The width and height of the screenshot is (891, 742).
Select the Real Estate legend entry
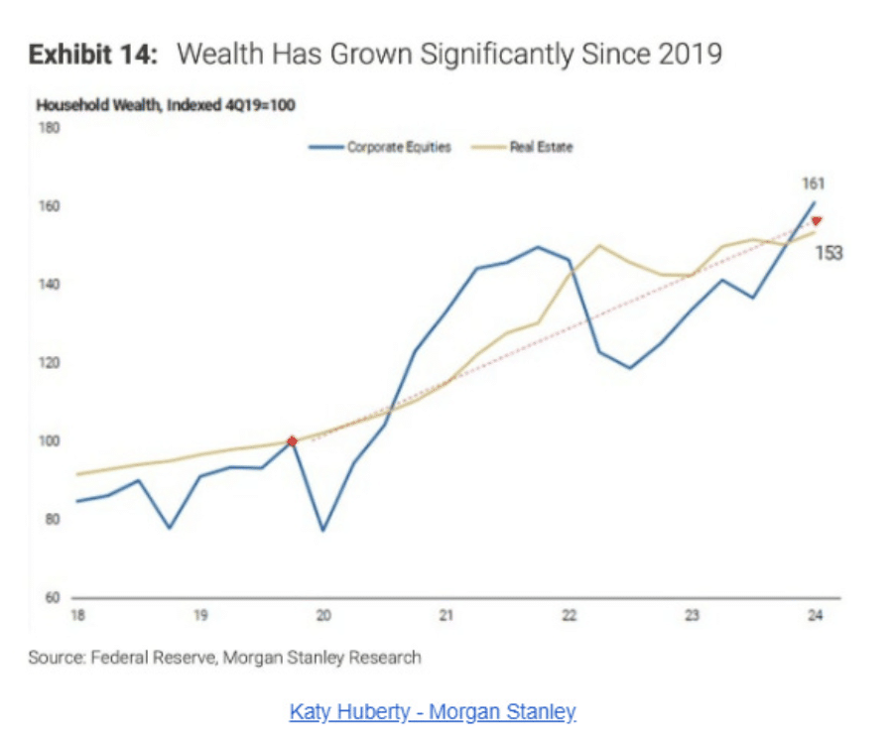point(541,148)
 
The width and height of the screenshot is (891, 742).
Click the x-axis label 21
point(445,616)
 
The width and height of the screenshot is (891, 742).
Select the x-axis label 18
point(77,616)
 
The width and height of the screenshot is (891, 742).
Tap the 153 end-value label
point(828,253)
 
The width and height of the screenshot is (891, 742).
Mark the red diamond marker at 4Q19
point(292,441)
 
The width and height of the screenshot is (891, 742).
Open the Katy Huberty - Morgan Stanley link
point(433,711)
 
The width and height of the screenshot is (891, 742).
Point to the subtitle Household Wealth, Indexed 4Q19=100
point(167,104)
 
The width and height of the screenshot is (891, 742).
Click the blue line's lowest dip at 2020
point(322,530)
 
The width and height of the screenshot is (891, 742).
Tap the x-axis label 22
point(569,616)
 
